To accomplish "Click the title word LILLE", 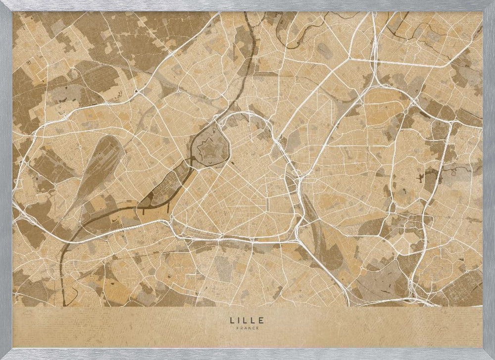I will click(x=247, y=320).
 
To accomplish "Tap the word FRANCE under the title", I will click(x=247, y=327).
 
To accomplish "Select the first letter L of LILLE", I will click(x=232, y=320).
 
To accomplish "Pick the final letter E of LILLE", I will click(x=262, y=320).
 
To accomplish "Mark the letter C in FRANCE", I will click(x=252, y=327).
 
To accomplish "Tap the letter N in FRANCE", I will click(x=248, y=327).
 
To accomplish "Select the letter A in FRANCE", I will click(x=245, y=327).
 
